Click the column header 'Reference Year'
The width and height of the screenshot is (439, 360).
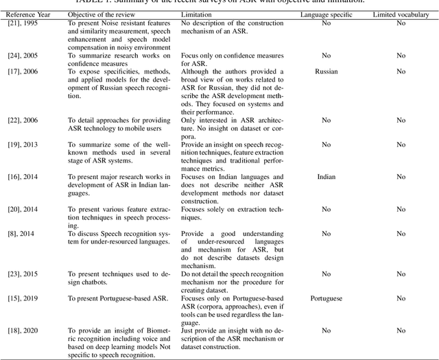click(x=25, y=14)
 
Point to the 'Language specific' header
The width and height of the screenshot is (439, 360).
click(x=326, y=14)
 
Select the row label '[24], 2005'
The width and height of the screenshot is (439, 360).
click(x=21, y=54)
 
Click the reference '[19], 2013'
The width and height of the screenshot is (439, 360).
click(x=21, y=145)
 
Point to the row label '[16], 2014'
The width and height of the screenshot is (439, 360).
click(x=21, y=177)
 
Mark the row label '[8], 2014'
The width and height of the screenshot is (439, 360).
click(x=19, y=233)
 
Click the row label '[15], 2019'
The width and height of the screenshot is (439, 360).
click(x=21, y=298)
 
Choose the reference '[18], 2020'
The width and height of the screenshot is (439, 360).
click(x=21, y=331)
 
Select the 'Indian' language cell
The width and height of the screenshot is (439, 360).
click(x=326, y=177)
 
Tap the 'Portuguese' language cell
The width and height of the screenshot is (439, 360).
click(x=326, y=298)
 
